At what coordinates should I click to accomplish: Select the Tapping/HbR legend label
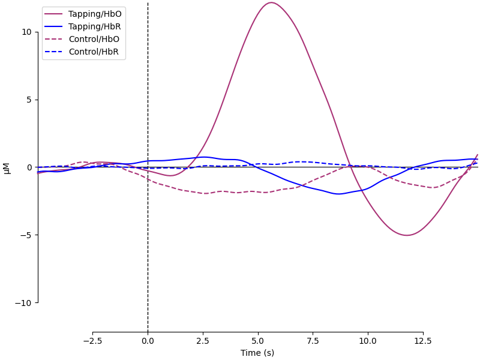click(x=95, y=26)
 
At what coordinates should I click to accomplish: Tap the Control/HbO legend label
click(x=94, y=39)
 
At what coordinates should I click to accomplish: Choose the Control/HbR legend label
click(x=94, y=52)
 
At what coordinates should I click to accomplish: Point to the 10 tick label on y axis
click(x=27, y=32)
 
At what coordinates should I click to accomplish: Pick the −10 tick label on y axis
click(x=25, y=303)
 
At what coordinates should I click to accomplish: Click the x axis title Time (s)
click(x=257, y=353)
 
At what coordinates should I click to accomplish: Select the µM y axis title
click(x=7, y=168)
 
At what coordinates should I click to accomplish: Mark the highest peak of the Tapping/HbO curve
click(x=271, y=2)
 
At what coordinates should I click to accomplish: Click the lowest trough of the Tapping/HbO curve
click(x=407, y=235)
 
